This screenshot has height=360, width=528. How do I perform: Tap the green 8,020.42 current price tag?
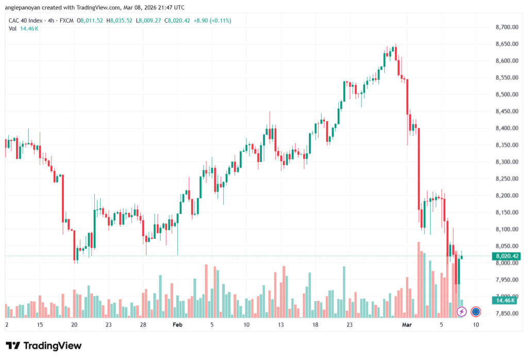click(506, 256)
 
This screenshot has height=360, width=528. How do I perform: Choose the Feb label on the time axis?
click(177, 325)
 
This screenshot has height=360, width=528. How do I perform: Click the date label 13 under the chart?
click(281, 325)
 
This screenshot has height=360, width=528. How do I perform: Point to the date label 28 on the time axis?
click(143, 325)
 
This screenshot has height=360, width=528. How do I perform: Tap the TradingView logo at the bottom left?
click(44, 346)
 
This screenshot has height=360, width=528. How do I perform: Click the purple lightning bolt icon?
click(462, 312)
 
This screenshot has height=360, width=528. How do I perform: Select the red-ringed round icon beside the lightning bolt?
click(476, 312)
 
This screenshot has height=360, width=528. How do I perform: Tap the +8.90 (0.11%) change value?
click(213, 21)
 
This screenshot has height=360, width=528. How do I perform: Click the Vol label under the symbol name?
click(12, 28)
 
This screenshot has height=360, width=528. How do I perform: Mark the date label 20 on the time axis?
click(74, 325)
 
